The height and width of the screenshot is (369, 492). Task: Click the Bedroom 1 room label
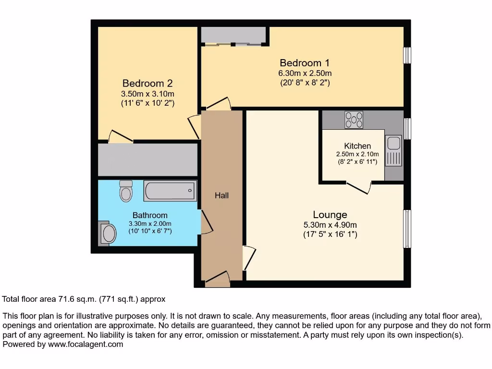click(305, 63)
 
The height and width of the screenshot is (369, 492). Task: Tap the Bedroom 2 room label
click(147, 83)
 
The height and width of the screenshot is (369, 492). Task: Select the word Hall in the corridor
click(221, 196)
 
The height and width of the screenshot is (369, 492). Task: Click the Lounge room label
click(330, 215)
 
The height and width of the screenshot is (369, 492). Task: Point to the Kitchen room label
click(357, 146)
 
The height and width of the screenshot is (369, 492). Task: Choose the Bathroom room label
click(150, 215)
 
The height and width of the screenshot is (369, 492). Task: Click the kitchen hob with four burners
click(354, 120)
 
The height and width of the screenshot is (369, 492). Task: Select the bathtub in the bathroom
click(170, 191)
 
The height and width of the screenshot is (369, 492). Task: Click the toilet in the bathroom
click(126, 191)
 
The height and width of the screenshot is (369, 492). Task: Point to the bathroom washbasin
click(108, 234)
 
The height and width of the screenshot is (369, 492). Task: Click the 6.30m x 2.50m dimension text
click(305, 74)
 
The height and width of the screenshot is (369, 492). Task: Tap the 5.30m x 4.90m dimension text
click(330, 225)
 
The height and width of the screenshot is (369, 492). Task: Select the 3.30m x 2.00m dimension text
click(150, 223)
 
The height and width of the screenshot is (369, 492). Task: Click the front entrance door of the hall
click(217, 280)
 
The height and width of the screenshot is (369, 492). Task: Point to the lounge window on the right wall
click(407, 229)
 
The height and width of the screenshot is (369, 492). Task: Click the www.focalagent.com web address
click(85, 344)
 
